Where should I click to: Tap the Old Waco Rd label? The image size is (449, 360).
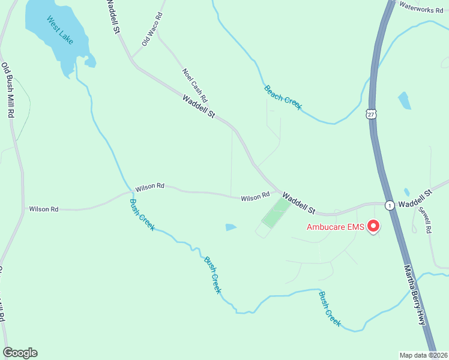152,29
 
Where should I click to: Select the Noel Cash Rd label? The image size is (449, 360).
195,85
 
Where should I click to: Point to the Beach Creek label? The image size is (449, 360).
283,98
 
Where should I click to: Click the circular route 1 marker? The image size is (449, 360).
389,205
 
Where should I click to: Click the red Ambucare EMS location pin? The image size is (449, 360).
373,226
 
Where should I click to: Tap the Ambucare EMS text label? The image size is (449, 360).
335,227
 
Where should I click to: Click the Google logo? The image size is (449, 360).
20,353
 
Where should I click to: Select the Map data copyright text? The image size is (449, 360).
423,355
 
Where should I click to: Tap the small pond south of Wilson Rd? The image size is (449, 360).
231,227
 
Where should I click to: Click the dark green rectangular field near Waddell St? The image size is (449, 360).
276,213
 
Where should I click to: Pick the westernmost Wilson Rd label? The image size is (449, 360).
44,209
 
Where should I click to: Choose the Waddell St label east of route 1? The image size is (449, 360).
415,199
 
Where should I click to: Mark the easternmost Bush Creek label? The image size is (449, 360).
330,308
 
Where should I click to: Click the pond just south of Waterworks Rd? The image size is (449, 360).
405,100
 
